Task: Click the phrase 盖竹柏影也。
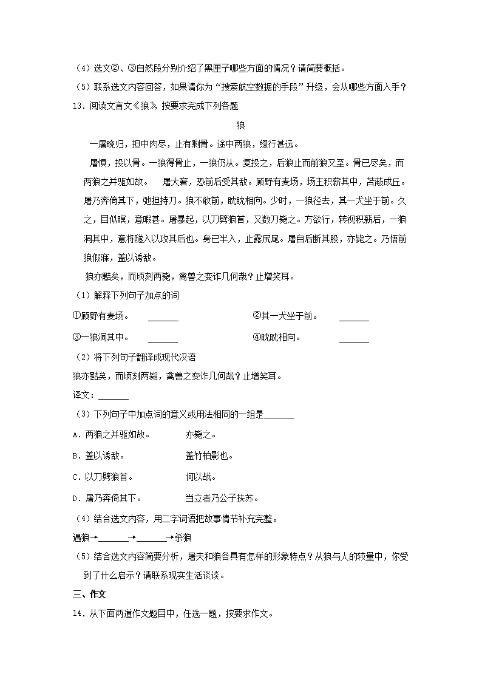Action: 209,456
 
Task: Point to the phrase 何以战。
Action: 200,477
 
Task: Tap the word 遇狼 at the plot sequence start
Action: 80,537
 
